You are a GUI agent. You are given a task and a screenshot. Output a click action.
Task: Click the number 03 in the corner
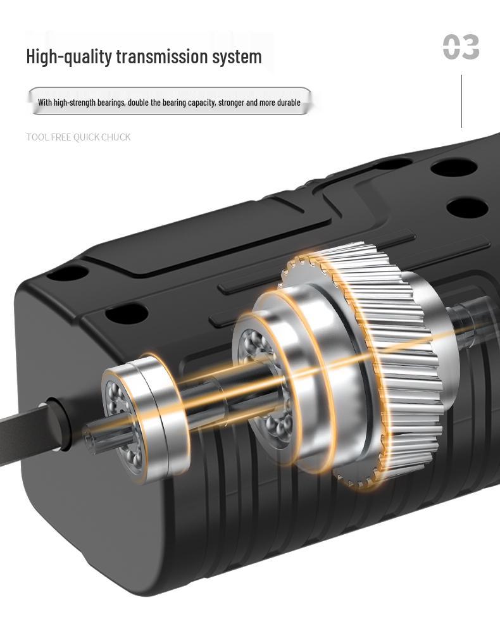click(x=461, y=47)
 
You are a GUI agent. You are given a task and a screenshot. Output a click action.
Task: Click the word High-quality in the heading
click(x=69, y=56)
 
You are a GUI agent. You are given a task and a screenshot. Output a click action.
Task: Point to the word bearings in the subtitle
click(x=109, y=103)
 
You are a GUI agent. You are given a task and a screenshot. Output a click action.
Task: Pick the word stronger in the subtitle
click(x=230, y=103)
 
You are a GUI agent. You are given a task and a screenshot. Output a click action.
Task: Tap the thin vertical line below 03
click(x=462, y=101)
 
